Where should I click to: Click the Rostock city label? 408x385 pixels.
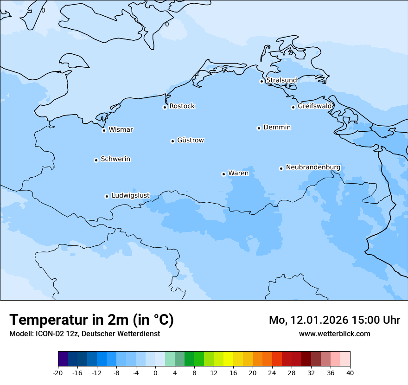point(182,106)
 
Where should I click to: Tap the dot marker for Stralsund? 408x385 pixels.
point(261,81)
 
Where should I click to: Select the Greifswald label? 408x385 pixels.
point(315,106)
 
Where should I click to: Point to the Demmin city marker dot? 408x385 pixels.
point(259,128)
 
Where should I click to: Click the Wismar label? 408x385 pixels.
point(121,129)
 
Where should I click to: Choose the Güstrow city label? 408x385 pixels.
point(190,140)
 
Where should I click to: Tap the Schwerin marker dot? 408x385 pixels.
point(96,160)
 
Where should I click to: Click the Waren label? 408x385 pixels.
point(238,173)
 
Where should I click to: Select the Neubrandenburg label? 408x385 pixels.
point(313,167)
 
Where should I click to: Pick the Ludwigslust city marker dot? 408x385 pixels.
point(107,196)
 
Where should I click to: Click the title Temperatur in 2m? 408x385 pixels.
point(91,320)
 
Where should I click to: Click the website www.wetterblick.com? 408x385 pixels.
point(334,334)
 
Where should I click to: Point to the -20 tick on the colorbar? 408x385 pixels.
point(58,372)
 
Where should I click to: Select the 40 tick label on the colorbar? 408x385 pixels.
point(350,372)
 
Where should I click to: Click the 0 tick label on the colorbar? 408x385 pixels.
point(155,372)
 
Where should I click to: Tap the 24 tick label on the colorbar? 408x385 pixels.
point(272,372)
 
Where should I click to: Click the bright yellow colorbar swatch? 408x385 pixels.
point(228,359)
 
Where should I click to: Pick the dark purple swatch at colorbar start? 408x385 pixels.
point(63,359)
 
